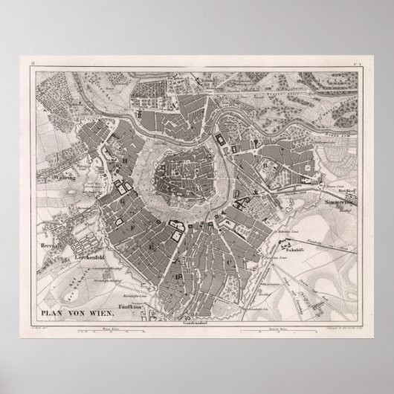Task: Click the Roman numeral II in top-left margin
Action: (33, 69)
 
